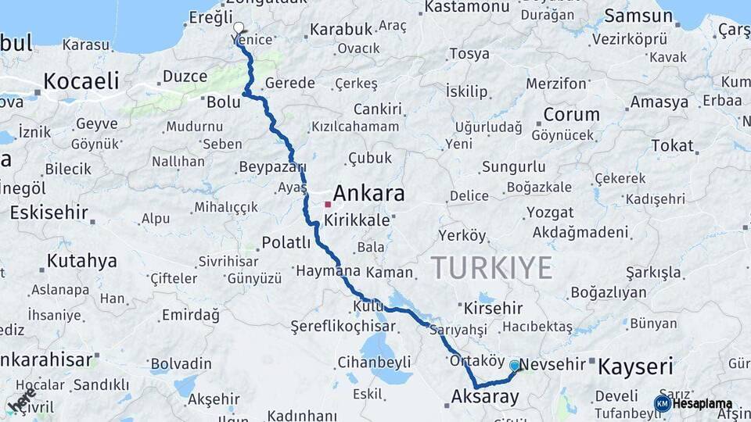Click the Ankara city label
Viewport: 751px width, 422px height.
pyautogui.click(x=368, y=193)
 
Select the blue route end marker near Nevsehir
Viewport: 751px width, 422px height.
pyautogui.click(x=515, y=365)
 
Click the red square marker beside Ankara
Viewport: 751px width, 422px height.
pyautogui.click(x=328, y=205)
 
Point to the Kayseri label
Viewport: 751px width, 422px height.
pyautogui.click(x=635, y=365)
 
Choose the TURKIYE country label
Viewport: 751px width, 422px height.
pyautogui.click(x=491, y=267)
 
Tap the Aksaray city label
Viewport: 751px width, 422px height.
pyautogui.click(x=485, y=397)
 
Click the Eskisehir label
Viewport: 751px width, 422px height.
pyautogui.click(x=49, y=213)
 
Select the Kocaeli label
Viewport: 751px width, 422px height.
pyautogui.click(x=81, y=80)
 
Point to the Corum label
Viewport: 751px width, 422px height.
pyautogui.click(x=571, y=114)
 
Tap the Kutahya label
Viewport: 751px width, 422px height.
pyautogui.click(x=81, y=260)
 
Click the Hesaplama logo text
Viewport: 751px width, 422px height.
pyautogui.click(x=702, y=403)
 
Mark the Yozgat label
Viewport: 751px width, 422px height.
pyautogui.click(x=550, y=213)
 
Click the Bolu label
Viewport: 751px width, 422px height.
pyautogui.click(x=223, y=101)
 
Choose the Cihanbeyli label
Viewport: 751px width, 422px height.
pyautogui.click(x=374, y=362)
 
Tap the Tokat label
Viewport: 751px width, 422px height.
pyautogui.click(x=672, y=145)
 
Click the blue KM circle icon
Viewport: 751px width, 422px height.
pyautogui.click(x=662, y=403)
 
